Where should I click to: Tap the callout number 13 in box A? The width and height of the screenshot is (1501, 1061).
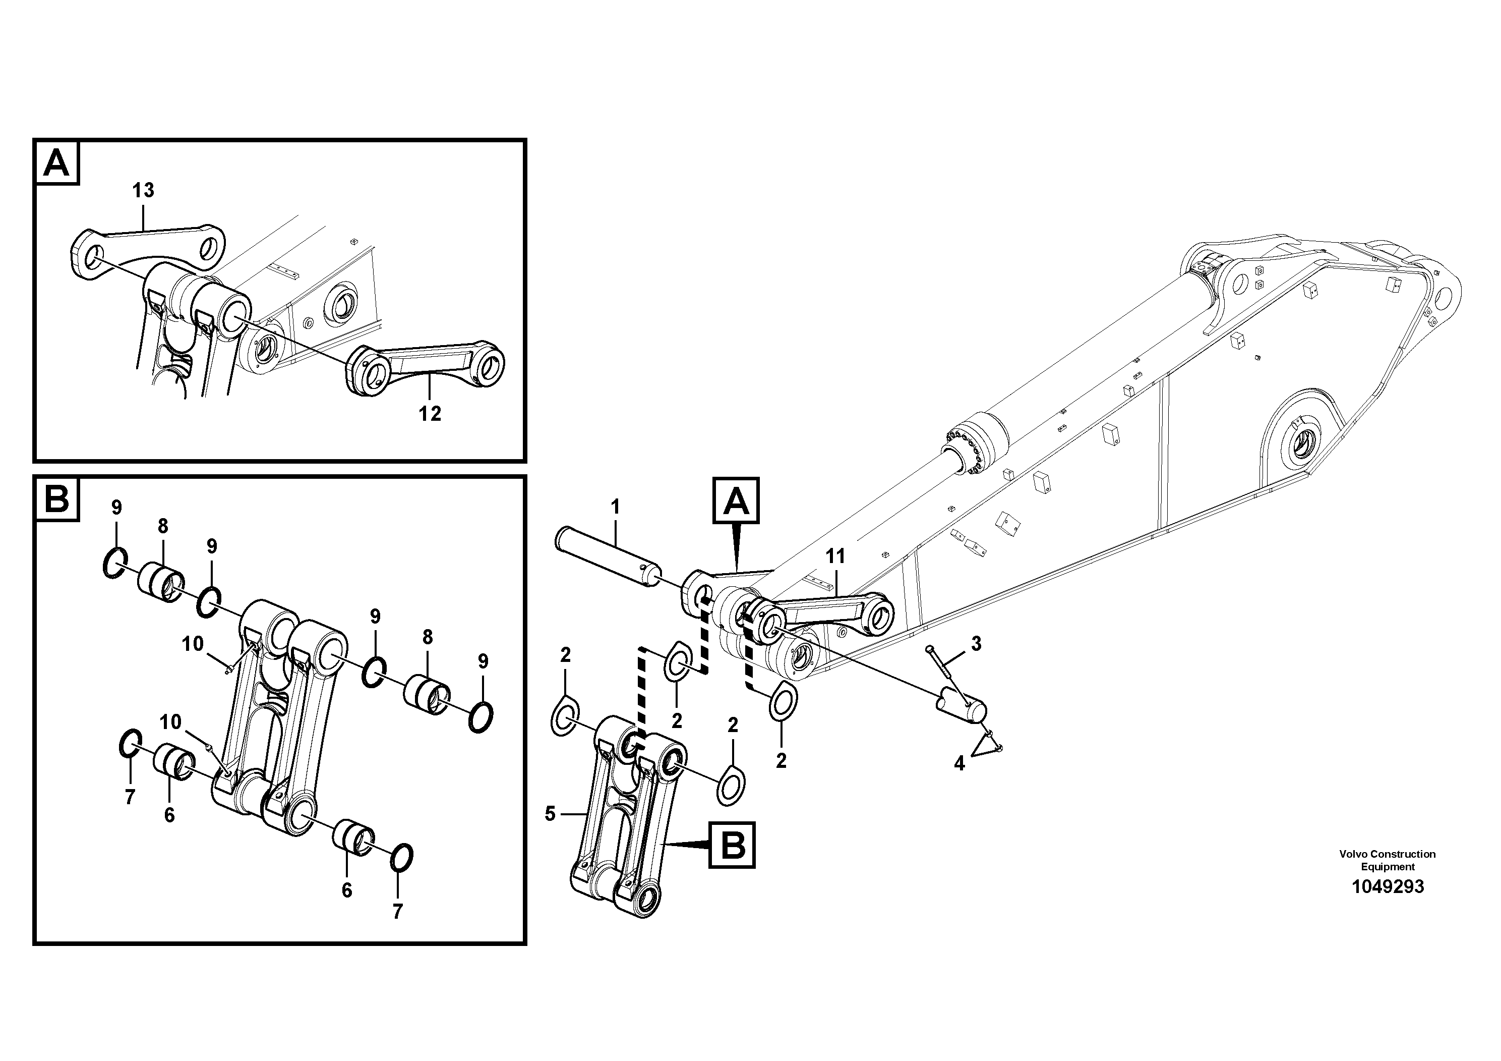[x=143, y=190]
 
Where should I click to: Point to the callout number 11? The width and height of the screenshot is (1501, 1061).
[x=835, y=556]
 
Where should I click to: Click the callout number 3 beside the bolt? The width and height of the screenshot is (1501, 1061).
[x=976, y=644]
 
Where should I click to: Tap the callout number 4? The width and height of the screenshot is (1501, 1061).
[x=959, y=763]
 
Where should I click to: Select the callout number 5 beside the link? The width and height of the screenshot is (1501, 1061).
[x=550, y=814]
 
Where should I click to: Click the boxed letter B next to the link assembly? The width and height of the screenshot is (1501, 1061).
[x=732, y=846]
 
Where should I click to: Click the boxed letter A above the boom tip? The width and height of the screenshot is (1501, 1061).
[x=736, y=501]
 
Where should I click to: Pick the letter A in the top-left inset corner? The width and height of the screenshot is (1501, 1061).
[x=56, y=162]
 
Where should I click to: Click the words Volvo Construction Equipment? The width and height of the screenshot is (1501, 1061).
[x=1387, y=860]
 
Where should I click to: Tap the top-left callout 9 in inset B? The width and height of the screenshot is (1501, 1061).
[x=116, y=507]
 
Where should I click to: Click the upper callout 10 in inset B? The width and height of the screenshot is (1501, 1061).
[x=192, y=644]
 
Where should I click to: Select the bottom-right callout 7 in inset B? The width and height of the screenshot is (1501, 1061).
[x=397, y=911]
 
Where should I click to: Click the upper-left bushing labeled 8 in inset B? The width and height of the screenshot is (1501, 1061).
[x=161, y=582]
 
